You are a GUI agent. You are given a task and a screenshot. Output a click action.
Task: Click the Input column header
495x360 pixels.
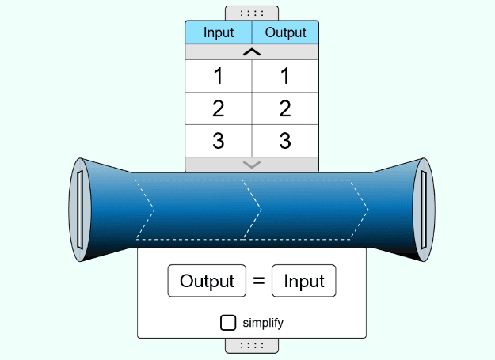pos(219,32)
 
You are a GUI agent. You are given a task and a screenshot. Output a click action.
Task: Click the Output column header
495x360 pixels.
pos(285,32)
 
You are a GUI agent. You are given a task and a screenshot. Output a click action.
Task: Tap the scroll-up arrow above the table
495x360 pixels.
pos(252,52)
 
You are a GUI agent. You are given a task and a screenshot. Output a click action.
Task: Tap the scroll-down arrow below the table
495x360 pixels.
pos(252,165)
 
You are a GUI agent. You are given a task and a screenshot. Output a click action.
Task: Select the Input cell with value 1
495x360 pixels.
pos(219,77)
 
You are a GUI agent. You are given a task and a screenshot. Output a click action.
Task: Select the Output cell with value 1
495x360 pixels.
pos(285,77)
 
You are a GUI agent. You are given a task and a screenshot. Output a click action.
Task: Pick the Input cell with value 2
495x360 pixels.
pos(219,109)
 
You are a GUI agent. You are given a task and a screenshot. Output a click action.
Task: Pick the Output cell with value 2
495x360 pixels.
pos(285,109)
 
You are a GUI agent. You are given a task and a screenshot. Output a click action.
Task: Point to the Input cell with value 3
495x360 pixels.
pos(219,141)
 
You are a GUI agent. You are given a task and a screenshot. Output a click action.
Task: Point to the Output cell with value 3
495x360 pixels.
pos(285,141)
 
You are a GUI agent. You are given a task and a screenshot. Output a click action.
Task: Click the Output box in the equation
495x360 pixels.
pos(207,281)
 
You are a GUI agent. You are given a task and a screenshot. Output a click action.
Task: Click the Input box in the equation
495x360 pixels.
pos(304,281)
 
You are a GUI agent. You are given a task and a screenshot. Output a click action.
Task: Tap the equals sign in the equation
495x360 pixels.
pos(258,281)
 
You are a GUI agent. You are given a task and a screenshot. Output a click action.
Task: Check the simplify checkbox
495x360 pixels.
pos(228,322)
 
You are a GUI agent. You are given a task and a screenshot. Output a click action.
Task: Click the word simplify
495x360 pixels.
pos(263,323)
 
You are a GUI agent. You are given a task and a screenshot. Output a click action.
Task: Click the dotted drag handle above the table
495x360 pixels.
pos(252,13)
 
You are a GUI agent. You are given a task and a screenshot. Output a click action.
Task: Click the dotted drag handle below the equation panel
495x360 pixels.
pos(252,345)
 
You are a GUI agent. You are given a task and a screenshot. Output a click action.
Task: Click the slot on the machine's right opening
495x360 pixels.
pos(425,210)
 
